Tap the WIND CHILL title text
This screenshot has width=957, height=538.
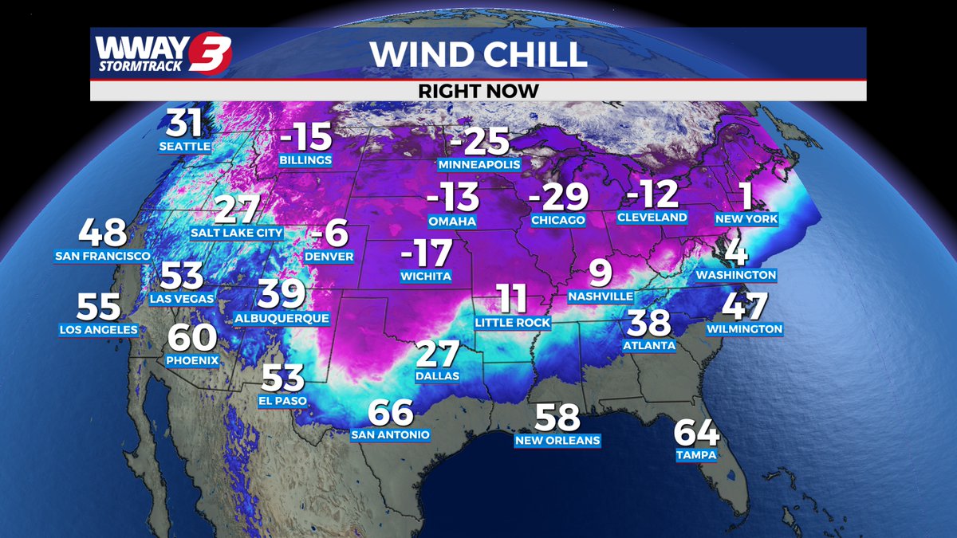point(478,54)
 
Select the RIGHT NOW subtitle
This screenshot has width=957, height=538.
point(478,91)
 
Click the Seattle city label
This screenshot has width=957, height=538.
point(184,147)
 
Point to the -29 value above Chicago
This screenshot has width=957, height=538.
point(559,196)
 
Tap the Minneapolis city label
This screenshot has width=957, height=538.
point(478,165)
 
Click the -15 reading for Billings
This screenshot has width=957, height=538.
point(305,139)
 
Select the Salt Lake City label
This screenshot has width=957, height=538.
point(237,233)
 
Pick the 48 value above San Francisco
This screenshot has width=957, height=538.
point(103,233)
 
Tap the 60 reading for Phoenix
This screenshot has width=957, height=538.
point(192,337)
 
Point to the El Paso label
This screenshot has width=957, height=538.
point(283,401)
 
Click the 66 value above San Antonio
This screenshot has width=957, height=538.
point(391,412)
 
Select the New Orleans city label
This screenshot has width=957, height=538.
point(557,440)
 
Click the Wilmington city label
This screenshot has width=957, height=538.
point(745,328)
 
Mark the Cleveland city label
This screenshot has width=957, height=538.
point(652,217)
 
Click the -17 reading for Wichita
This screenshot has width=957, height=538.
point(426,254)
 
